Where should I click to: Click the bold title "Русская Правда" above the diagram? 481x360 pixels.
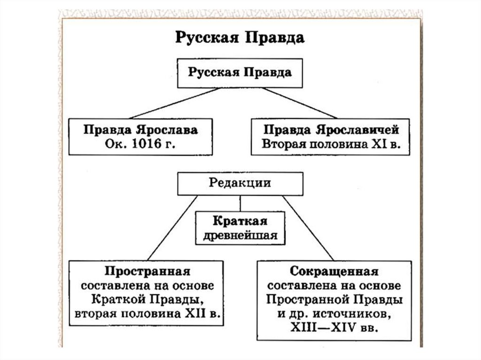pos(240,38)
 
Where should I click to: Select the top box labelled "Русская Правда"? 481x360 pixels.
pos(240,73)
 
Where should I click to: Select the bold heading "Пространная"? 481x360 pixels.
pos(147,272)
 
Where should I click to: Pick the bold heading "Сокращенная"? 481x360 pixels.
pos(334,272)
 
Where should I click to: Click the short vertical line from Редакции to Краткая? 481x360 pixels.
pos(240,202)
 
